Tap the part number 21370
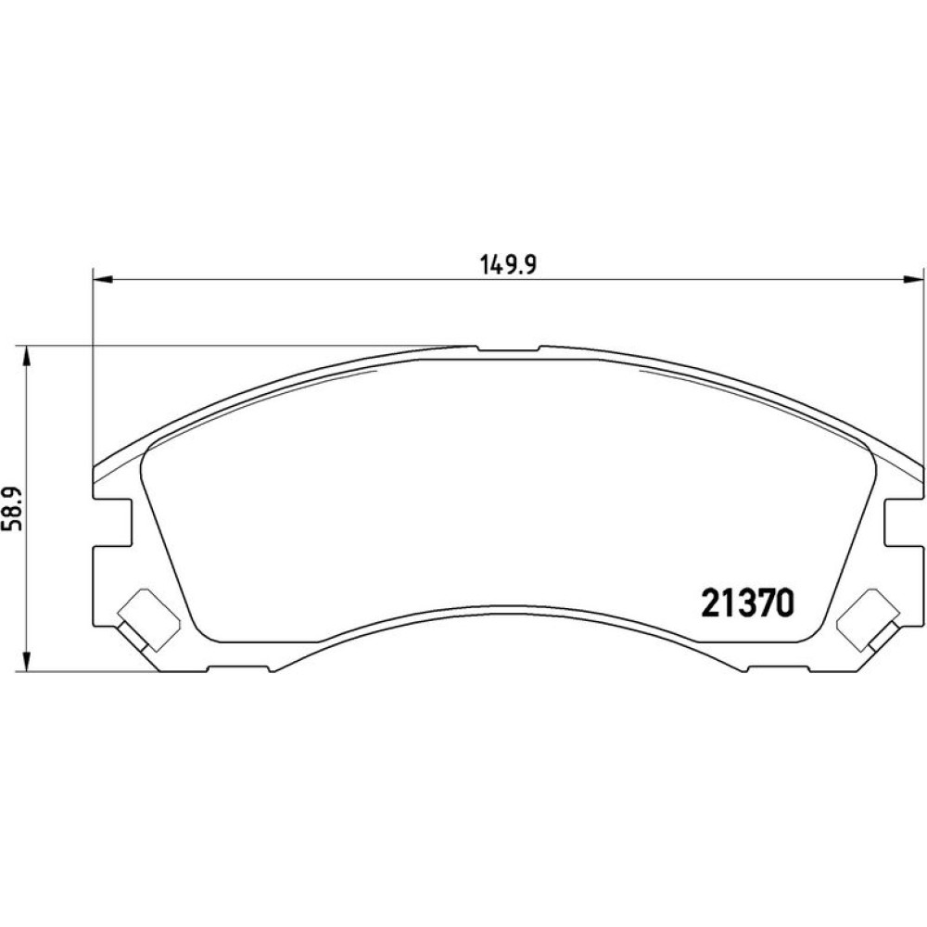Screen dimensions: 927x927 pos(747,603)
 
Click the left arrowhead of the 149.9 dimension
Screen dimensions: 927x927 pos(103,279)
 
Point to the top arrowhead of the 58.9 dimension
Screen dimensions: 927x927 pos(25,355)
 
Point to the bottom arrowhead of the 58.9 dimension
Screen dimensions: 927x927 pos(25,662)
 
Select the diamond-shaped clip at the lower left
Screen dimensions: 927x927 pos(147,621)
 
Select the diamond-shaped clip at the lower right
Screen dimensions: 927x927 pos(868,621)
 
